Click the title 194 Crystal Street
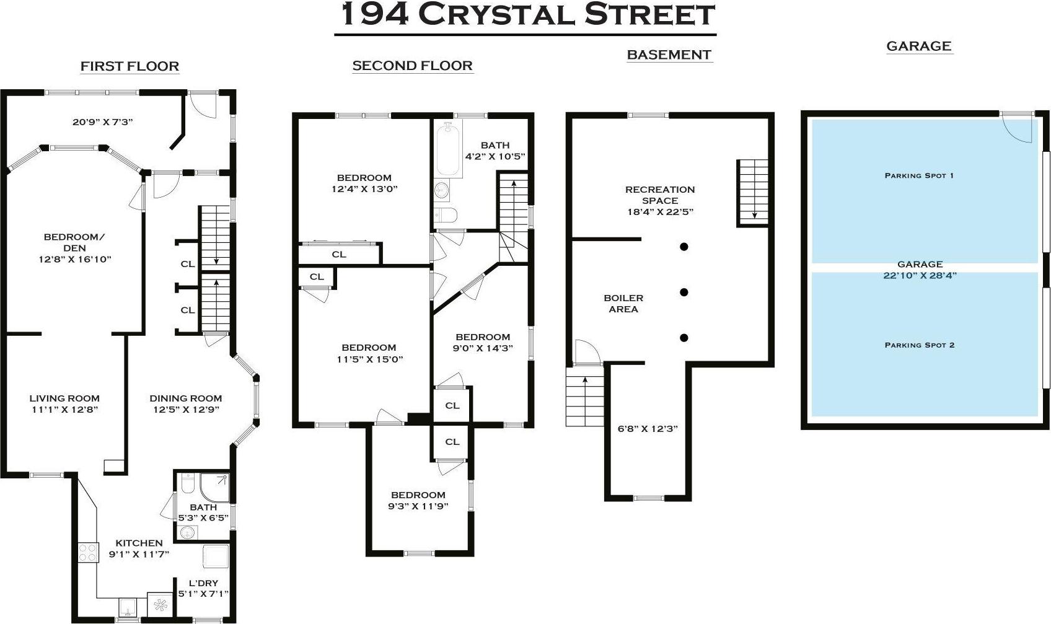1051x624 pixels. tap(525, 15)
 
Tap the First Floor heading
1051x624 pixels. tap(130, 66)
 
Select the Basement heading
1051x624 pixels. tap(669, 55)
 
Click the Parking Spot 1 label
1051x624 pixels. tap(919, 175)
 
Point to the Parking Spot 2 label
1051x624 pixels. tap(919, 345)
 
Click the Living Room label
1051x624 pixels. tap(64, 398)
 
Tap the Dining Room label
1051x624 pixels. tap(185, 398)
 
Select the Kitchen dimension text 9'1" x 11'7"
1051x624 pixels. tap(139, 554)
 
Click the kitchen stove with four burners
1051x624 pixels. tap(88, 552)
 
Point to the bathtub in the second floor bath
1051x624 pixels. tap(448, 149)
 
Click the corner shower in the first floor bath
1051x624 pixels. tap(215, 488)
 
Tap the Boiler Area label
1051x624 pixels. tap(623, 304)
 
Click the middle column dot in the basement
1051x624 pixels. tap(684, 292)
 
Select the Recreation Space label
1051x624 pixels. tap(660, 195)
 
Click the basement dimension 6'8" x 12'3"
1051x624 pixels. tap(647, 428)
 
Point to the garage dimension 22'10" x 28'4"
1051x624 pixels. tap(920, 275)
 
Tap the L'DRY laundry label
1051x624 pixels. tap(203, 583)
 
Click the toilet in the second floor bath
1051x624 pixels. tap(446, 215)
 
